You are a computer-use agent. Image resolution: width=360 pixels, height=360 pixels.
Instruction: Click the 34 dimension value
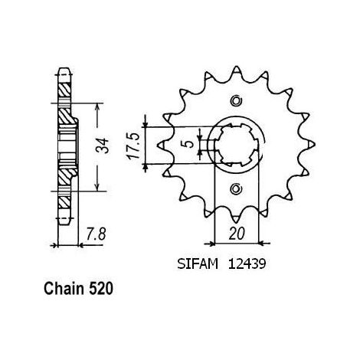[x=102, y=146]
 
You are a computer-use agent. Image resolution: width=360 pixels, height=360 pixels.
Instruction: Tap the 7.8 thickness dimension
[x=96, y=234]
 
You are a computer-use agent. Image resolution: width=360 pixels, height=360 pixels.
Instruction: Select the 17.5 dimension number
[x=133, y=146]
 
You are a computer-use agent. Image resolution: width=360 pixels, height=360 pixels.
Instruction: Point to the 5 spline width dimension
[x=189, y=144]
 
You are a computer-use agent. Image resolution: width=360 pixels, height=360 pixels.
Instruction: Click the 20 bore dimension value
[x=237, y=234]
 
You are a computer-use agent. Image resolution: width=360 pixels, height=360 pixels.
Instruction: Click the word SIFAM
[x=198, y=264]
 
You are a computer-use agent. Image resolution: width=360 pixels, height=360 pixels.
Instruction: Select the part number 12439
[x=247, y=264]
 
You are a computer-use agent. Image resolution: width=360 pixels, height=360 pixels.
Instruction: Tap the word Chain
[x=64, y=289]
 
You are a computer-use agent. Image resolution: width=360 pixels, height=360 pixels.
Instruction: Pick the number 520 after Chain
[x=101, y=289]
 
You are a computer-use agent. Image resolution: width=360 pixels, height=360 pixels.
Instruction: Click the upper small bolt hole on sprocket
[x=236, y=101]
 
